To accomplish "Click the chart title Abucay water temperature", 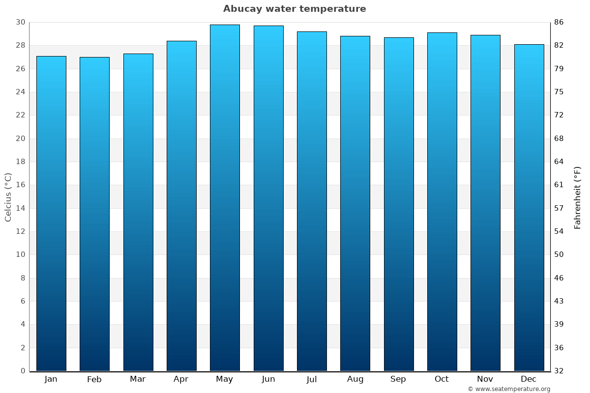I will (295, 9).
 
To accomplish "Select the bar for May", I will (225, 196).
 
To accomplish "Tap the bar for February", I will (94, 214).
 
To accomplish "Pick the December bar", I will (529, 206).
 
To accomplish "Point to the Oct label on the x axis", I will (442, 379).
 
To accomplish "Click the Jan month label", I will (51, 379).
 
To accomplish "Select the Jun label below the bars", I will (268, 379).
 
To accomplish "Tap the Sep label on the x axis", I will (398, 379).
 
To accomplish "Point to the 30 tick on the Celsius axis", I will (21, 22).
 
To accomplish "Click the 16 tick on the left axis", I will (21, 185).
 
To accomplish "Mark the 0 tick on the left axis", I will (23, 371).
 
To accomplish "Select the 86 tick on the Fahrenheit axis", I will (559, 22).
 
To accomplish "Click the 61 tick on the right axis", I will (559, 185).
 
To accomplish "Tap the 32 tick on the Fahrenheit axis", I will (559, 371).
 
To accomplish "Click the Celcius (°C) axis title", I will (8, 196).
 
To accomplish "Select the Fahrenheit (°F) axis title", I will (578, 197).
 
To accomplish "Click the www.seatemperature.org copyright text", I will (509, 389).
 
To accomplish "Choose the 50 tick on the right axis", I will (559, 254).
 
